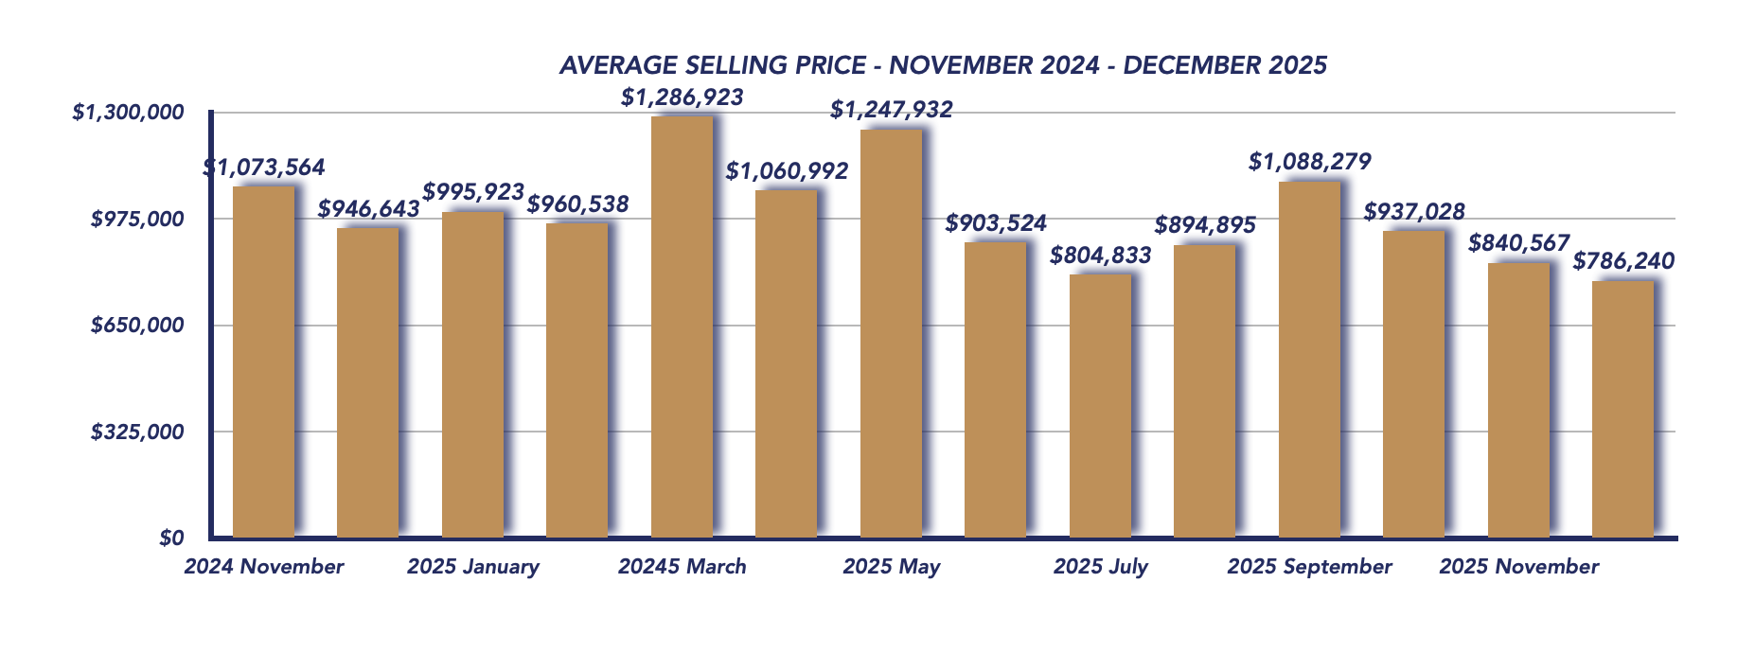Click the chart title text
coord(943,65)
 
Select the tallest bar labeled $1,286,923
coord(682,326)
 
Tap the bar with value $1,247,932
coord(891,333)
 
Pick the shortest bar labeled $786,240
coord(1622,409)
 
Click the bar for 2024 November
coord(263,362)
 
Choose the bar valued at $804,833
coord(1100,405)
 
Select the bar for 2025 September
coord(1309,360)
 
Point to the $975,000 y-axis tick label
coord(137,220)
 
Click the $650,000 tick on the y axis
coord(137,326)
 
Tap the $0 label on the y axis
coord(171,538)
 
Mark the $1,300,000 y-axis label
coord(128,113)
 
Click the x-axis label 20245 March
coord(682,567)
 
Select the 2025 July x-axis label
coord(1100,567)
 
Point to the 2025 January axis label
coord(472,567)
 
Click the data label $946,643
coord(368,209)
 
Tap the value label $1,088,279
coord(1309,162)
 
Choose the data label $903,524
coord(996,223)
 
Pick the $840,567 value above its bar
coord(1518,243)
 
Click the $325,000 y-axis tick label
coord(137,432)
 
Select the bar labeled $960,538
coord(576,379)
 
